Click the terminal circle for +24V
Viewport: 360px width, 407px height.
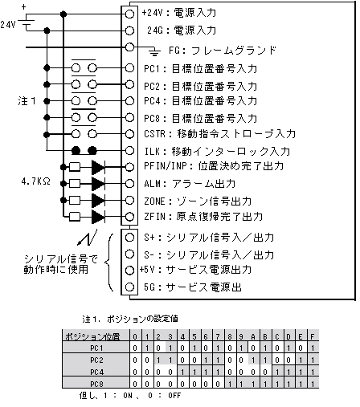129,14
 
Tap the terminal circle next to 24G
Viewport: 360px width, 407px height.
129,31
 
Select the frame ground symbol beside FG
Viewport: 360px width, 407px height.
154,51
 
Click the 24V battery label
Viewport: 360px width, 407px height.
7,25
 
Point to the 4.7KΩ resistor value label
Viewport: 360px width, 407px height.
36,181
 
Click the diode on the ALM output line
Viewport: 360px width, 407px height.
98,184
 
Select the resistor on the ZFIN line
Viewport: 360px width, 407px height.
75,217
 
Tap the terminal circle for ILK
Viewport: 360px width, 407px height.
129,150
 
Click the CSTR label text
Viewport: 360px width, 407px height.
155,133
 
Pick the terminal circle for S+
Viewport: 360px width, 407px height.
129,237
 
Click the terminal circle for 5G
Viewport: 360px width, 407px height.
129,287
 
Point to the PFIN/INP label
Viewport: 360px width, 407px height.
166,166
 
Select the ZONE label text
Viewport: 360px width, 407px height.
154,201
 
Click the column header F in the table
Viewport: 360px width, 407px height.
313,336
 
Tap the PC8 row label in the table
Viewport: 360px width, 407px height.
96,384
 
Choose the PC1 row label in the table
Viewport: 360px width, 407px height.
96,348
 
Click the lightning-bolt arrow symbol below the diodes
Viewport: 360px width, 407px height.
88,237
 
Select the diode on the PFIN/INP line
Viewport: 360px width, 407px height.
98,167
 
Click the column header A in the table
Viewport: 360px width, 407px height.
253,336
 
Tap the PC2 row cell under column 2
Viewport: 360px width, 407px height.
158,360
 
